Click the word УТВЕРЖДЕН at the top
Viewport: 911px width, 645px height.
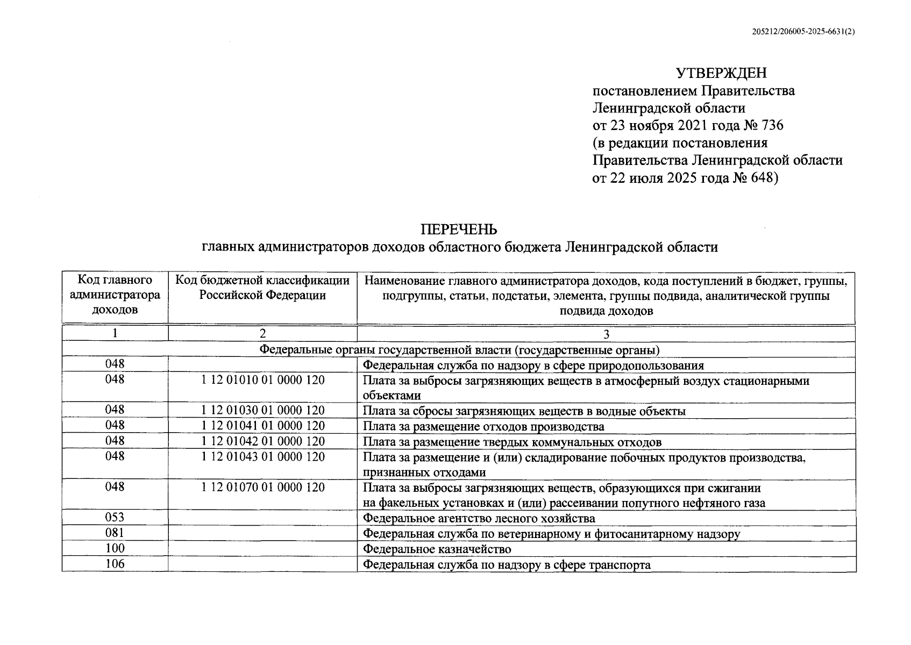(x=721, y=73)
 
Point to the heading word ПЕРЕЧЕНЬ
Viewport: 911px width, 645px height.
(x=459, y=230)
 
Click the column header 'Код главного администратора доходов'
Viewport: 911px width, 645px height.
(x=115, y=295)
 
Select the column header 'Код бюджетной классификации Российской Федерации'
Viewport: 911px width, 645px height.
(x=262, y=288)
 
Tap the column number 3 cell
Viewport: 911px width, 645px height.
(x=606, y=334)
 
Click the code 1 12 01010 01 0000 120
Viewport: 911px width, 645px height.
(x=262, y=380)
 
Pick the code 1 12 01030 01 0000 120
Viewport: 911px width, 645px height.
(x=262, y=411)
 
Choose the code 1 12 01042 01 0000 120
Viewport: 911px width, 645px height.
(x=262, y=441)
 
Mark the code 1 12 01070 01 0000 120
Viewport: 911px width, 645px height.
(x=262, y=488)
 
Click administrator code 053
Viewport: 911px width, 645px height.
(x=115, y=518)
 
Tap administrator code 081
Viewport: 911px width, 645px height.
(x=115, y=533)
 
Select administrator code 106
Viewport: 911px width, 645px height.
(x=115, y=564)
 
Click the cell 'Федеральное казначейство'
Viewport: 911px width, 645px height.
(x=437, y=549)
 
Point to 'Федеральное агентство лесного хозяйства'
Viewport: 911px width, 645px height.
(x=479, y=519)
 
